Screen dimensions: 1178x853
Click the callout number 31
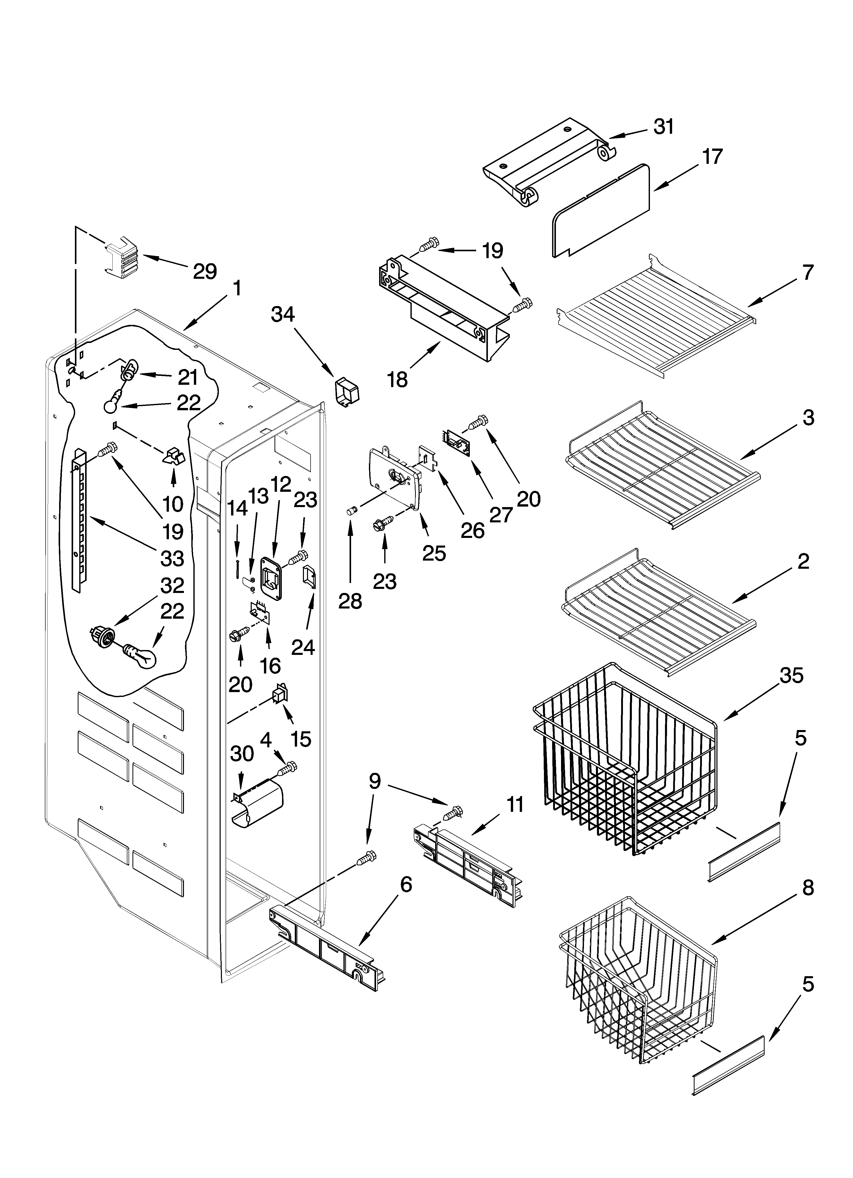[x=663, y=127]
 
